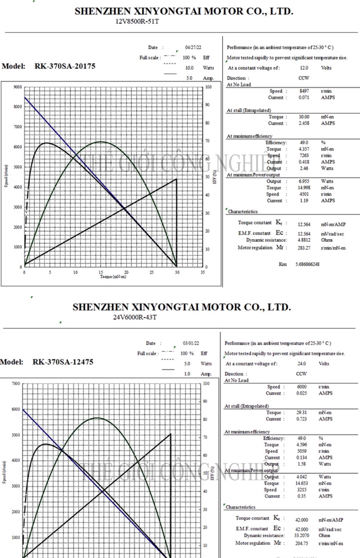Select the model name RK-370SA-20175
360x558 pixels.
[65, 66]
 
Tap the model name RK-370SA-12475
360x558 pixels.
[63, 362]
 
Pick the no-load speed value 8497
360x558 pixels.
[304, 91]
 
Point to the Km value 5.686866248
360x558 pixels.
[307, 264]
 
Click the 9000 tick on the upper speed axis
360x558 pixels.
[17, 87]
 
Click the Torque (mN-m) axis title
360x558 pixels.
[113, 277]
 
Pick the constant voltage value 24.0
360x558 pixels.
[301, 363]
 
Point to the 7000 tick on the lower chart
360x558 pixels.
[16, 384]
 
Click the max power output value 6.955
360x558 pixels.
[304, 181]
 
